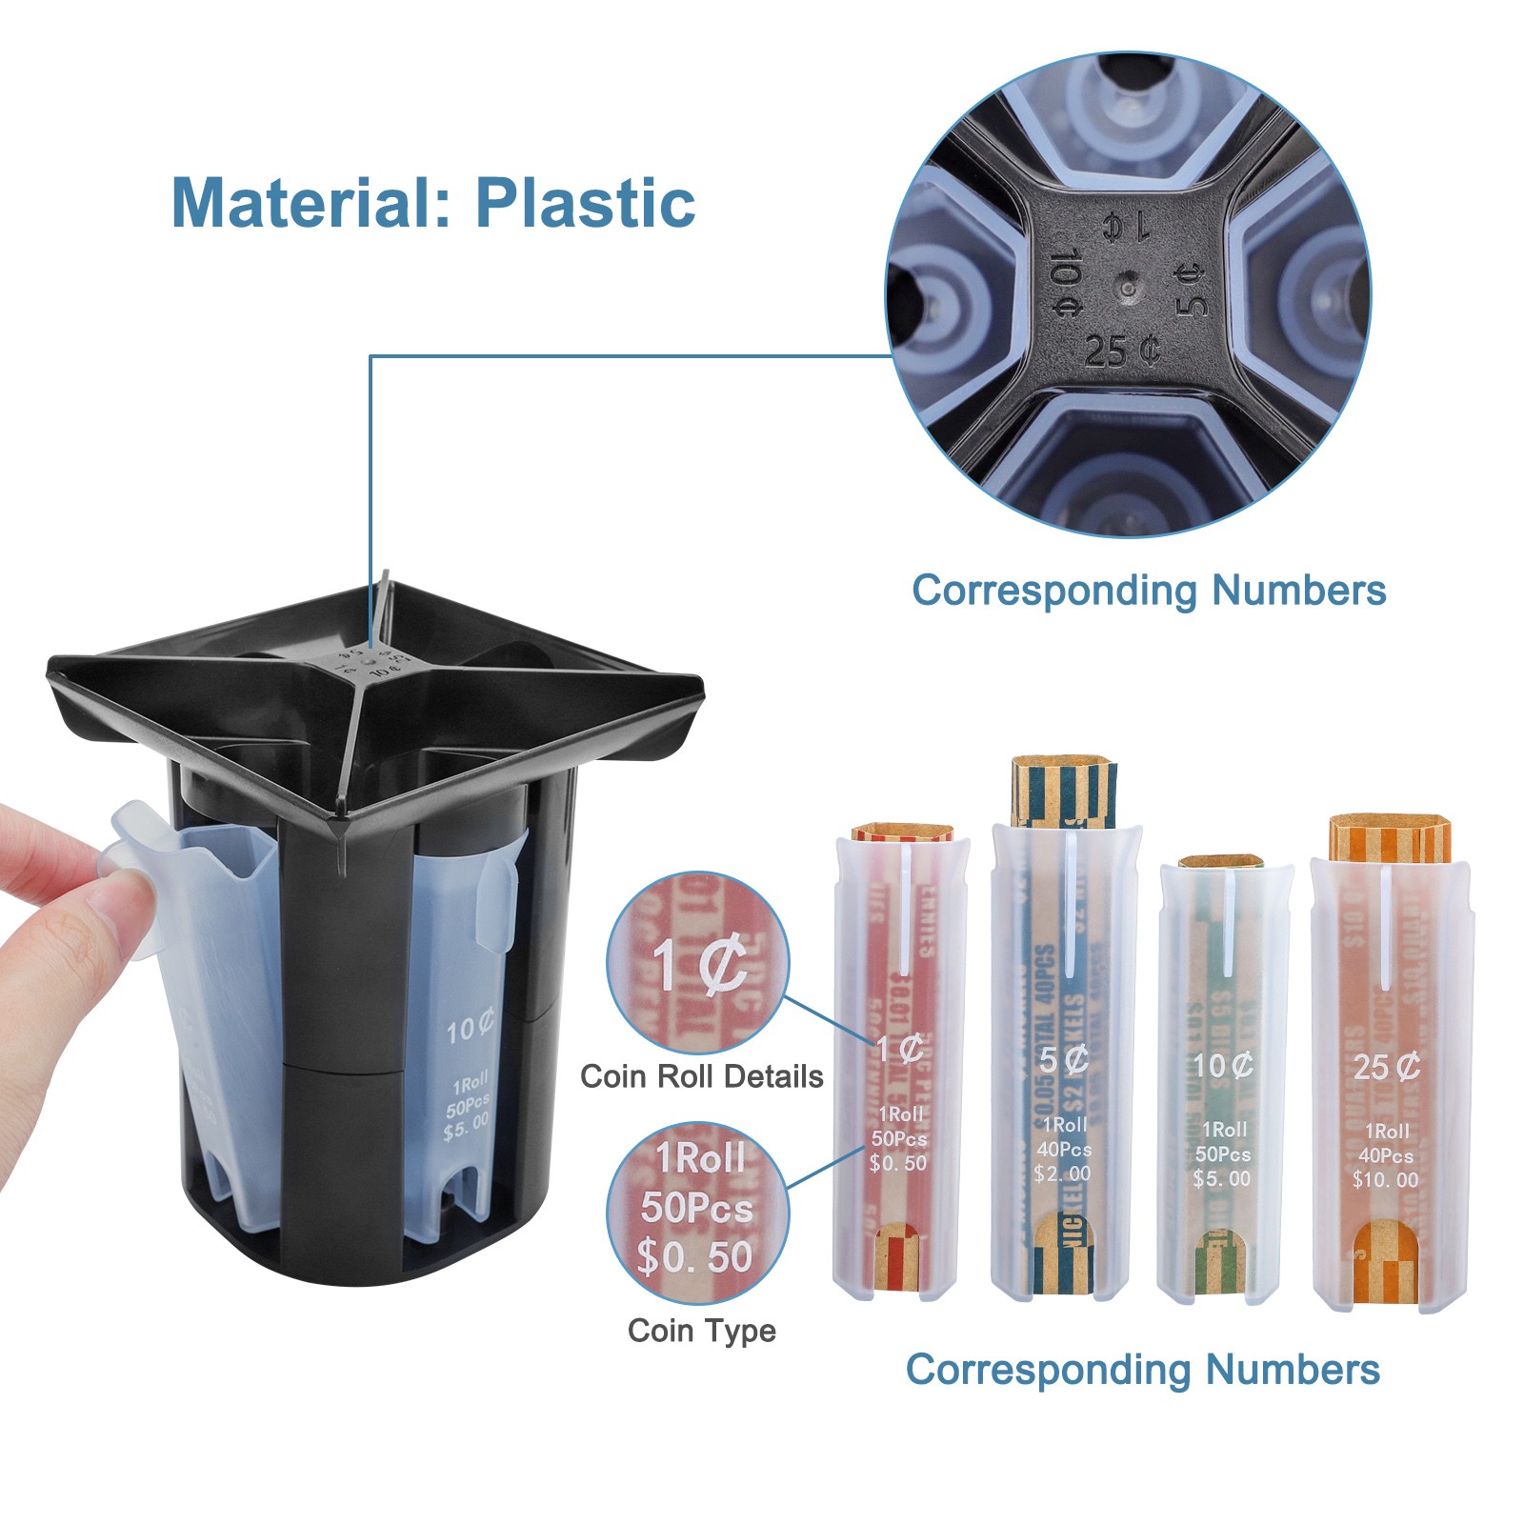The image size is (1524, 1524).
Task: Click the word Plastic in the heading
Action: coord(585,202)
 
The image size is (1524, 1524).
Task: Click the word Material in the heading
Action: coord(302,202)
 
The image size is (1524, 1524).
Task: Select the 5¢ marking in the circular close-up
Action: coord(1191,290)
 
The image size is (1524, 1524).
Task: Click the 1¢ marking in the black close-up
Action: coord(1127,227)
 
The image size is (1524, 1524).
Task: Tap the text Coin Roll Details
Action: coord(701,1076)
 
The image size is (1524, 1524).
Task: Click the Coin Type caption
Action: coord(701,1330)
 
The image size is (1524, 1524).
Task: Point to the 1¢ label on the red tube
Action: coord(899,1050)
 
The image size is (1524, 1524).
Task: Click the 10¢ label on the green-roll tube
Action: coord(1224,1065)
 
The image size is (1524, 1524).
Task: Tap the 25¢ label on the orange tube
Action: coord(1387,1067)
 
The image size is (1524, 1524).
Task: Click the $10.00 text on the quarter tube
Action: coord(1385,1180)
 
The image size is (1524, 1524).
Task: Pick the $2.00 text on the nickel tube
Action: coord(1062,1173)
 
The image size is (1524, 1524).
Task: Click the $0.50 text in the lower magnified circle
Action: coord(695,1257)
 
